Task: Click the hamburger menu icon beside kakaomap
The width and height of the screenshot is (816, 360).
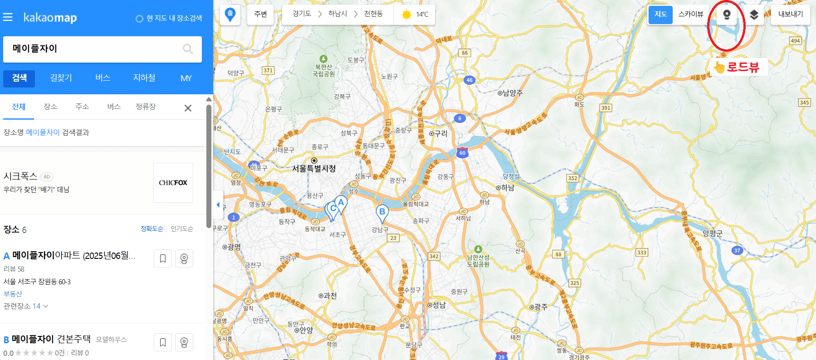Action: tap(8, 17)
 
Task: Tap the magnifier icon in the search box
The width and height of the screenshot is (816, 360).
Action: tap(188, 49)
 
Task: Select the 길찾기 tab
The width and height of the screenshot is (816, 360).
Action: tap(61, 78)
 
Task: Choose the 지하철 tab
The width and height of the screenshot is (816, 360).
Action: tap(144, 78)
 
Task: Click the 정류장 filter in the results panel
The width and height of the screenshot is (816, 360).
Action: tap(146, 107)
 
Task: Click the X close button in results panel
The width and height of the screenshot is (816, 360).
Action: tap(188, 108)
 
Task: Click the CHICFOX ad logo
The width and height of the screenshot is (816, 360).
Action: tap(173, 183)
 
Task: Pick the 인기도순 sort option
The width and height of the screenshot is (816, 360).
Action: tap(182, 229)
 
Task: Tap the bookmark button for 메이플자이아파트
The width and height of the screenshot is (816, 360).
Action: tap(162, 258)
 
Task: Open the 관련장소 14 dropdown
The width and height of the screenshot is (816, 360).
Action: tap(26, 306)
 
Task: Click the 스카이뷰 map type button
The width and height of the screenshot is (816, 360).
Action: tap(690, 15)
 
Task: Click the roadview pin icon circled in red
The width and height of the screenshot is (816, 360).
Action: tap(727, 15)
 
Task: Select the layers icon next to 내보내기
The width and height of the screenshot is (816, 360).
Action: tap(754, 15)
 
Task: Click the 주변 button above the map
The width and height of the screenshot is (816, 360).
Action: tap(261, 14)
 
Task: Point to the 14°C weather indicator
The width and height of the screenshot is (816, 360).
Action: tap(415, 15)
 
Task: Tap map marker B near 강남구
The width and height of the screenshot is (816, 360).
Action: tap(382, 212)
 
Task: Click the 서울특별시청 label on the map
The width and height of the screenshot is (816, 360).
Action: tap(314, 168)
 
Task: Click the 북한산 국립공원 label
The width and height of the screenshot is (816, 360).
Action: tap(324, 70)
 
